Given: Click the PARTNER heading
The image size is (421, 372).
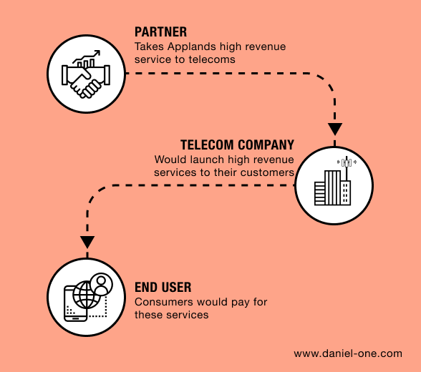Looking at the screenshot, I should (x=161, y=32).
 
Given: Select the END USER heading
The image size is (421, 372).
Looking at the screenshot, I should (x=163, y=288).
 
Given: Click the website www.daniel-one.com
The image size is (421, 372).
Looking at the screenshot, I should (x=348, y=353).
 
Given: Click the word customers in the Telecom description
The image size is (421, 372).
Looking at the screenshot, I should (x=268, y=172).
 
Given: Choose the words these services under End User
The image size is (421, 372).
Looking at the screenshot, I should (x=172, y=315).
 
